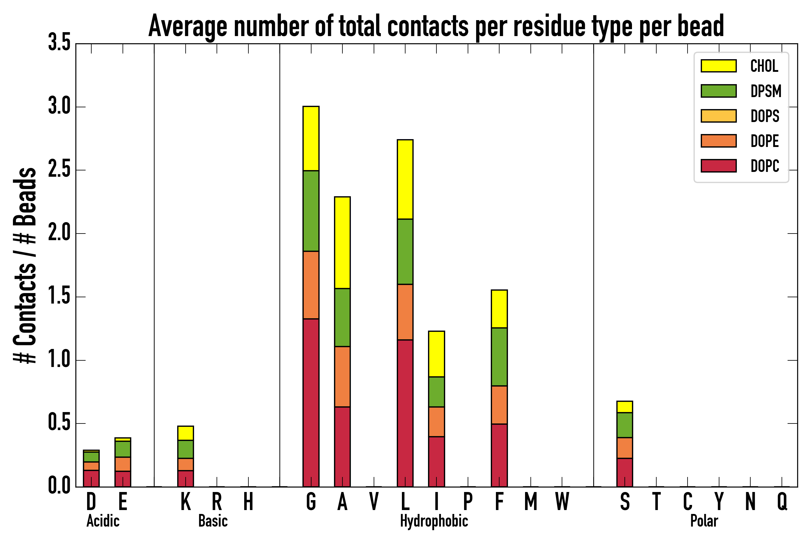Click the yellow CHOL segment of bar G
click(311, 138)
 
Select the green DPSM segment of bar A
click(342, 317)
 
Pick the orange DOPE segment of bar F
click(499, 405)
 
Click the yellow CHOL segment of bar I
click(436, 354)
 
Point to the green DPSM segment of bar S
click(624, 425)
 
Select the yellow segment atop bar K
click(186, 433)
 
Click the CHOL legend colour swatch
click(718, 66)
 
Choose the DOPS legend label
click(765, 116)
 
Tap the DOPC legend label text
click(765, 166)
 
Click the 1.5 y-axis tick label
click(59, 296)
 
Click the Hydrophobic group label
click(434, 521)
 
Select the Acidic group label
click(103, 521)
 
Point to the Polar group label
click(704, 521)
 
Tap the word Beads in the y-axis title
click(25, 197)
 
